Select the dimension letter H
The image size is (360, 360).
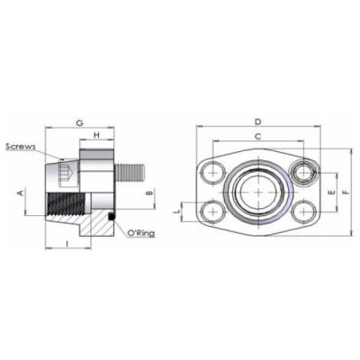[96, 137]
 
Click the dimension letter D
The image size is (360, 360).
[257, 121]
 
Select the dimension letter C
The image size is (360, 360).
[257, 136]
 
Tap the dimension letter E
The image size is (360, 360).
[331, 193]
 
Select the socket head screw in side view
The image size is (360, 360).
[62, 168]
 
